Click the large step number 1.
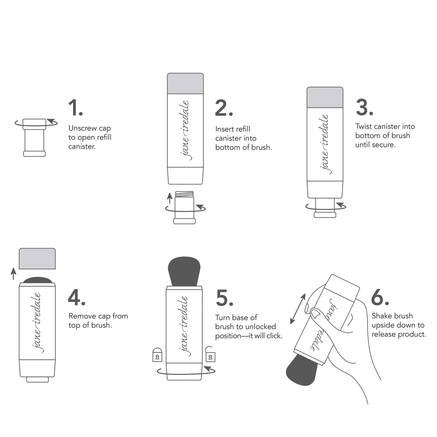pos(75,108)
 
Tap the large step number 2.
pos(223,108)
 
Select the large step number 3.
pos(364,108)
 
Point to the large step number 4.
pos(76,298)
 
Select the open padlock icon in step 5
pos(210,354)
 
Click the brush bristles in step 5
pos(184,270)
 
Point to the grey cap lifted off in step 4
pos(37,259)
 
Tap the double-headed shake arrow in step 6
pos(298,308)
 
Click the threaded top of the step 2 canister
pos(184,194)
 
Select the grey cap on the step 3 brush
pos(325,97)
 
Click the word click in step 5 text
pos(273,336)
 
